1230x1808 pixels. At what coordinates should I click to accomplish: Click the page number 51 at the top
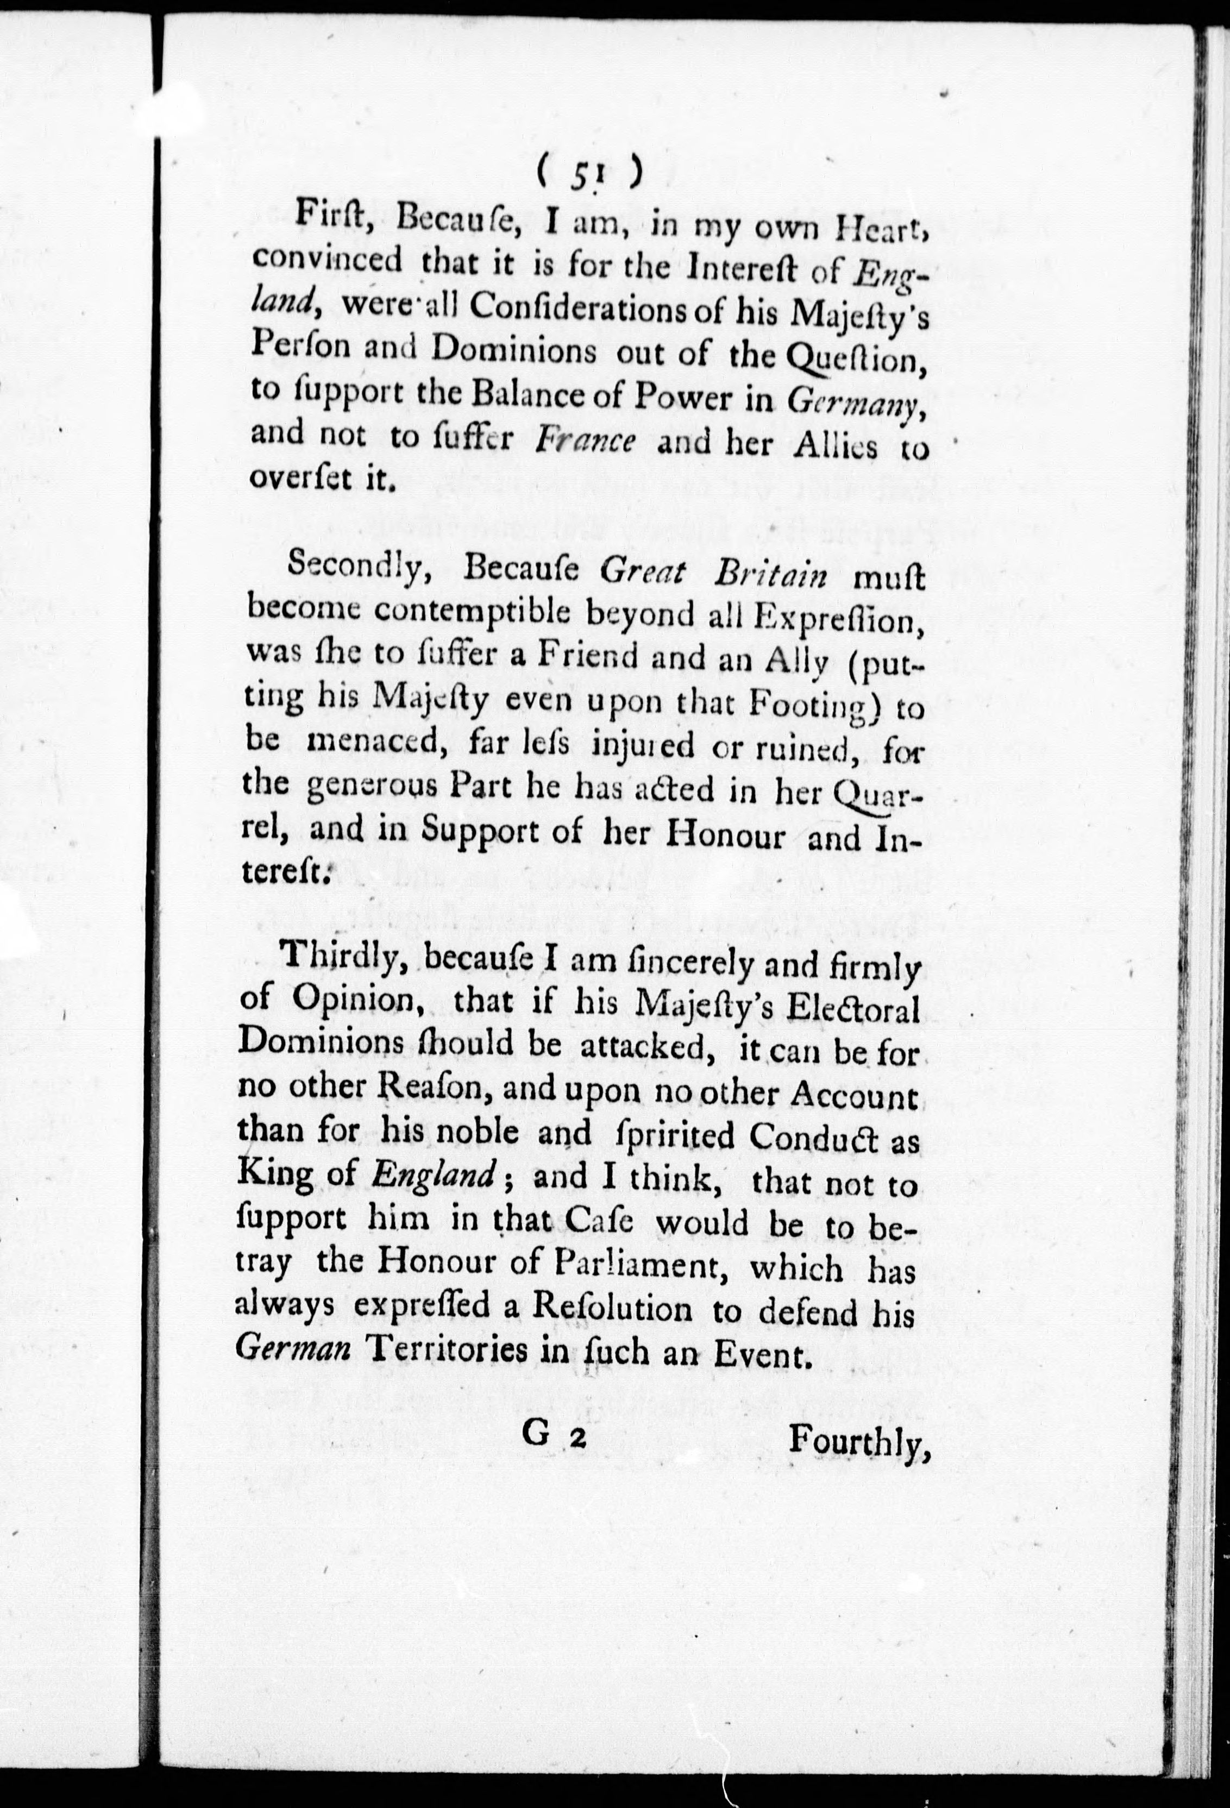click(589, 177)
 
